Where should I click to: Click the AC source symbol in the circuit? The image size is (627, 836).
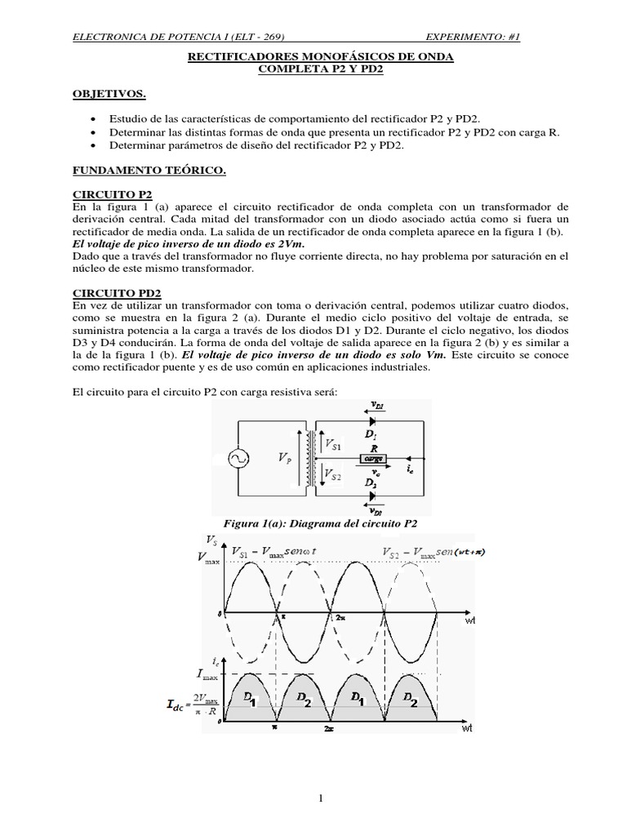click(x=242, y=460)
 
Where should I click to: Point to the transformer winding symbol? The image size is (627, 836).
click(x=310, y=459)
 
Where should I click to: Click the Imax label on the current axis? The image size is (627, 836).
click(x=207, y=673)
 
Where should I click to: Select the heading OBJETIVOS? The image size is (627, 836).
click(x=109, y=95)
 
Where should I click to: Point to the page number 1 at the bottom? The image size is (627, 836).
click(x=322, y=798)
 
